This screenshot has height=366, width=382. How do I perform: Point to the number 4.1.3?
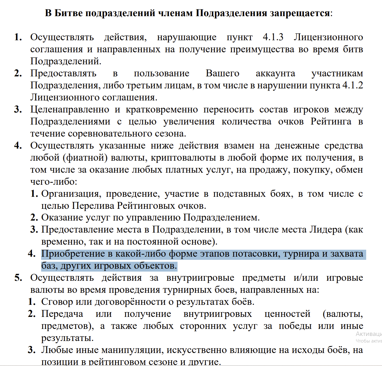click(x=273, y=37)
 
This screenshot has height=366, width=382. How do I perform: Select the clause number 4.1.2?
click(x=353, y=85)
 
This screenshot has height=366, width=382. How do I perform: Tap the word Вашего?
click(x=222, y=73)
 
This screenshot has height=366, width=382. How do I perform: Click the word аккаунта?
click(x=275, y=73)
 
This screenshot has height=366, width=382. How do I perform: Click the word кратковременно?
click(x=162, y=109)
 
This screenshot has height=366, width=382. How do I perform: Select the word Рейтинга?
click(x=331, y=121)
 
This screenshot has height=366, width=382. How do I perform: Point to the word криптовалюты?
click(x=184, y=157)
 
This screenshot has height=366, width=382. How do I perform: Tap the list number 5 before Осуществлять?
click(x=18, y=278)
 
